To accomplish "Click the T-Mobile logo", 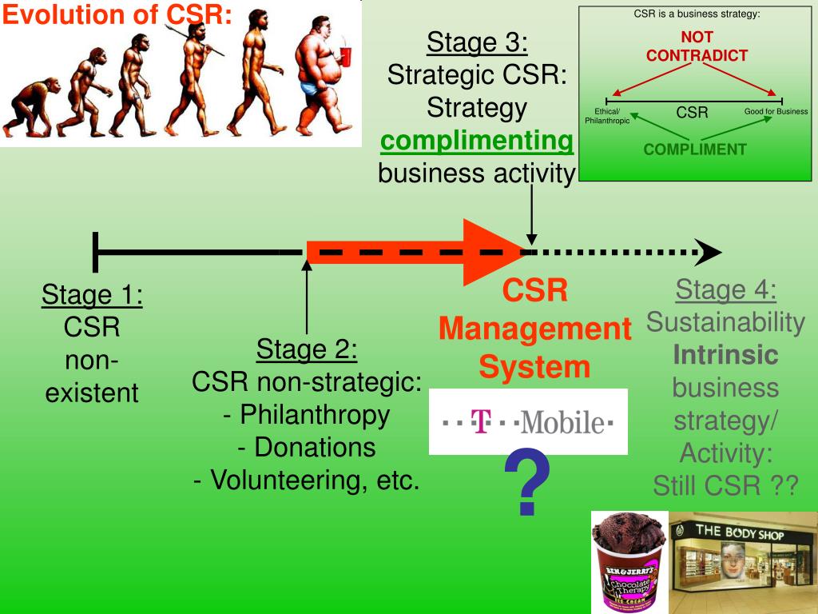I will pyautogui.click(x=528, y=421).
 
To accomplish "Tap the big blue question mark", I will pyautogui.click(x=527, y=482).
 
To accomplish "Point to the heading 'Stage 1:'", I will pyautogui.click(x=93, y=295).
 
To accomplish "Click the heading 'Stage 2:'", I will pyautogui.click(x=307, y=349).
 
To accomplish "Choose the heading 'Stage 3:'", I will pyautogui.click(x=477, y=42).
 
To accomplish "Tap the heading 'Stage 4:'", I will pyautogui.click(x=726, y=289).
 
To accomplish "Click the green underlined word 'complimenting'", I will pyautogui.click(x=477, y=141).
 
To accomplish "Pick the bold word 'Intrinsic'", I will pyautogui.click(x=725, y=354).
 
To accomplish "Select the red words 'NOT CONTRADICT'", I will pyautogui.click(x=697, y=46).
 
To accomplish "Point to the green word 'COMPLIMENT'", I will pyautogui.click(x=695, y=150).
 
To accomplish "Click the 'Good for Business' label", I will pyautogui.click(x=776, y=112).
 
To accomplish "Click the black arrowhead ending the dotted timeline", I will pyautogui.click(x=709, y=252).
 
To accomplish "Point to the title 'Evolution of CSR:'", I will pyautogui.click(x=117, y=15).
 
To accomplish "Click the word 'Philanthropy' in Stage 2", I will pyautogui.click(x=314, y=415).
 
